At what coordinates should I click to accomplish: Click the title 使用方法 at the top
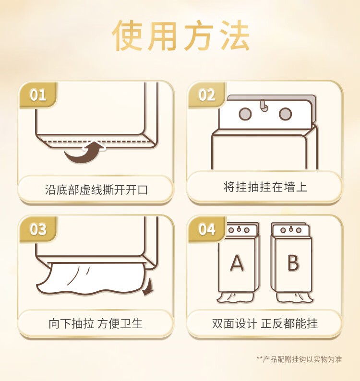[181, 36]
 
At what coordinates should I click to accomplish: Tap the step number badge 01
[38, 95]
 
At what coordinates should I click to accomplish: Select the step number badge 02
[206, 95]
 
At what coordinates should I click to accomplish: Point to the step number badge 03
[38, 229]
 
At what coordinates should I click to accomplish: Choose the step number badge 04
[206, 229]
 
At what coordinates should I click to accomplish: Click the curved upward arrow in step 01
[84, 152]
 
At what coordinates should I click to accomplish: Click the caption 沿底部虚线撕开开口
[96, 189]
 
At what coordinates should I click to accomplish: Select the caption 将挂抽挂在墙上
[265, 187]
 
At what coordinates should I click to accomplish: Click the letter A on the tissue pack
[237, 263]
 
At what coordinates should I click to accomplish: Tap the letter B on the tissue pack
[293, 263]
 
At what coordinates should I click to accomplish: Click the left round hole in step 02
[245, 114]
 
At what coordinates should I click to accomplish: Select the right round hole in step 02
[285, 114]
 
